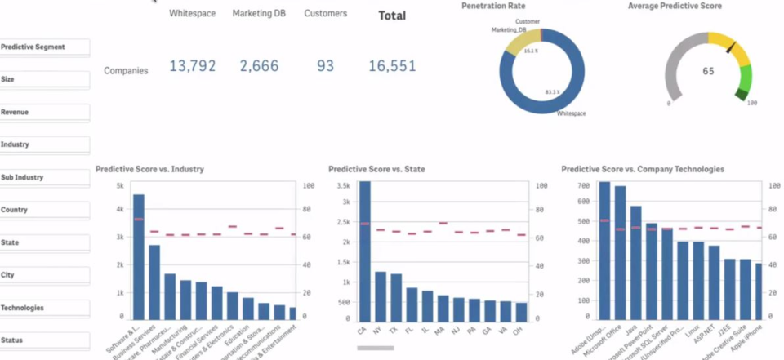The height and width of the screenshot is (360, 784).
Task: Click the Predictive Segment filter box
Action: [44, 47]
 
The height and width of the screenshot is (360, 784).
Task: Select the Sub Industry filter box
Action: [44, 177]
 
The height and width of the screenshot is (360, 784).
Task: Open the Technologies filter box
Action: [44, 308]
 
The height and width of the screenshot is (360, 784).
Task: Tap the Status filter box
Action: [44, 340]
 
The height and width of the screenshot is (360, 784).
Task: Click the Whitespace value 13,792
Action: [195, 66]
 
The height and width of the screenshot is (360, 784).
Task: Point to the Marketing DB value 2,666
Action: [259, 66]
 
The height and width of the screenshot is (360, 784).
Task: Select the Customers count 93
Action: [325, 66]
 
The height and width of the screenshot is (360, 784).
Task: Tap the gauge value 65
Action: [708, 71]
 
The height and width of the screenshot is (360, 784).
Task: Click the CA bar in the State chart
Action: [364, 253]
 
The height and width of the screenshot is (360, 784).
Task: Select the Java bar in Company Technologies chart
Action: [636, 261]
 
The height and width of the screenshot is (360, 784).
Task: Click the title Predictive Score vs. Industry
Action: [149, 170]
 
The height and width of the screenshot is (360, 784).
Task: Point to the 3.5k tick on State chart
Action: [342, 186]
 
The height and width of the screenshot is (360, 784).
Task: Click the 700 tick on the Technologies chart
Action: [581, 186]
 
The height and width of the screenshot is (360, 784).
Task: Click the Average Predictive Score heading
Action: [675, 6]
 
